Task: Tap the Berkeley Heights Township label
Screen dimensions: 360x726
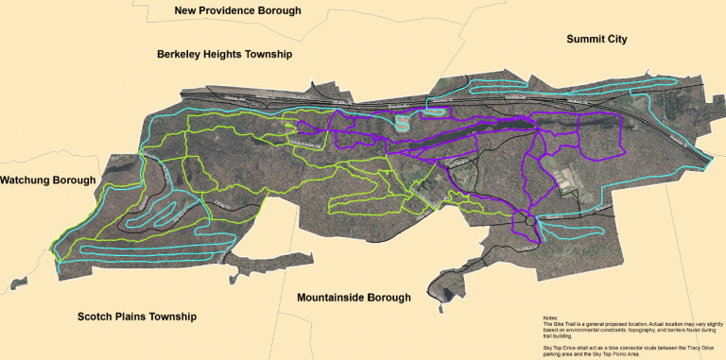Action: [225, 56]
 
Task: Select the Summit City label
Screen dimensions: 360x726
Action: [596, 39]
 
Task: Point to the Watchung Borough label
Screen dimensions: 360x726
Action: [48, 180]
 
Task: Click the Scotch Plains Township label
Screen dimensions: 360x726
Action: [137, 317]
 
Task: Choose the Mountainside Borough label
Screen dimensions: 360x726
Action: [354, 298]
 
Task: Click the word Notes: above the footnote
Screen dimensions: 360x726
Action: [551, 317]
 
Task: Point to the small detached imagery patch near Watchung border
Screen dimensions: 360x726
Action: [14, 282]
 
